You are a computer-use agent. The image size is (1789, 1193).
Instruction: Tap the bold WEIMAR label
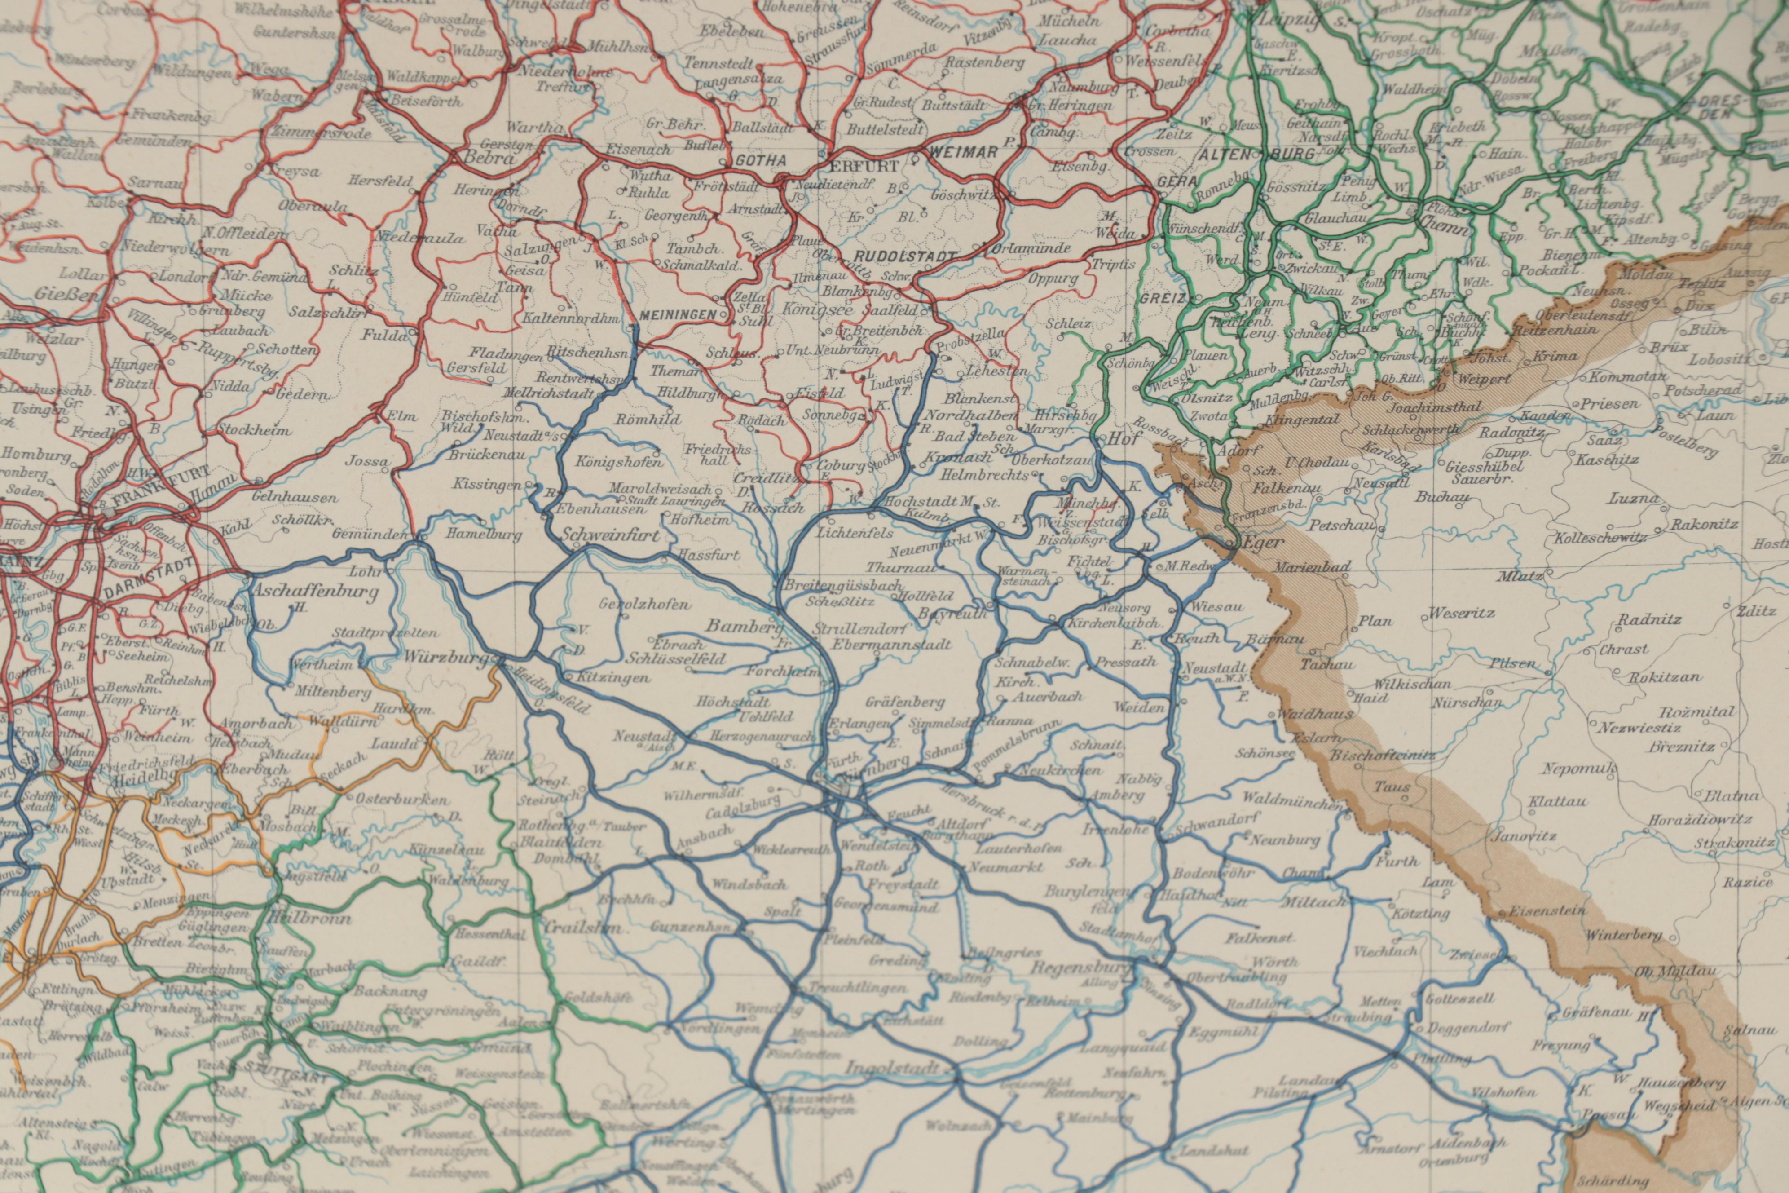coord(962,153)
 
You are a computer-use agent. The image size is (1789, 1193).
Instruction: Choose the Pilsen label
coord(1512,663)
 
